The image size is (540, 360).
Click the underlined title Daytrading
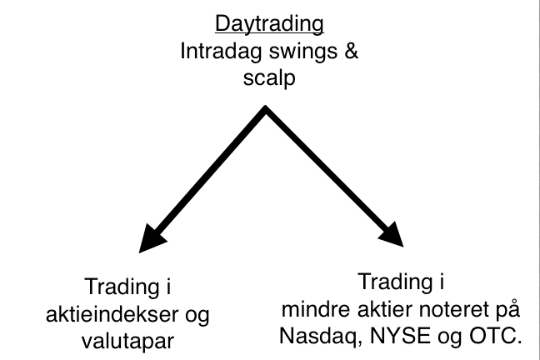(269, 25)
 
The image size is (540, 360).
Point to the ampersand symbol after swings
(351, 51)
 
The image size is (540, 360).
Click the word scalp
(269, 78)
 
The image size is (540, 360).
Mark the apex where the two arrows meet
(266, 107)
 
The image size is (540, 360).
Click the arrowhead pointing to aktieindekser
(151, 239)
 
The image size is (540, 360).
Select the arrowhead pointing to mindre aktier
(392, 235)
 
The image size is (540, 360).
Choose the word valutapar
(127, 342)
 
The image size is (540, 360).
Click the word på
(507, 310)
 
